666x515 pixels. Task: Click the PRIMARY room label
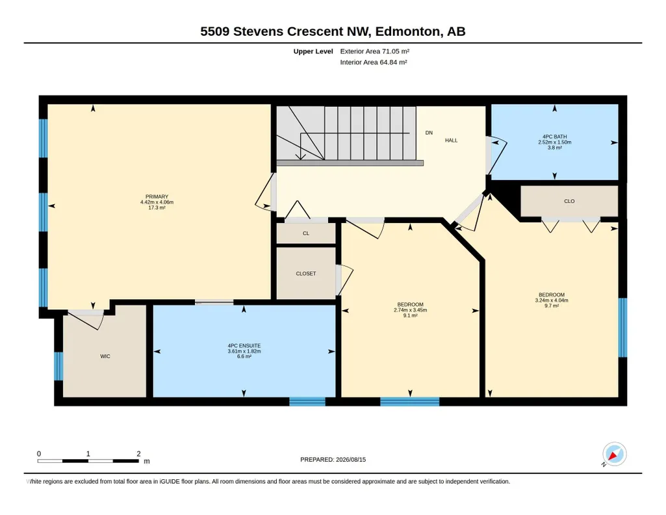pyautogui.click(x=157, y=197)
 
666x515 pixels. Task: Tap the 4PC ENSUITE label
pyautogui.click(x=244, y=346)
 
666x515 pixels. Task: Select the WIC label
pyautogui.click(x=105, y=356)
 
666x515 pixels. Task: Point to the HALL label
pyautogui.click(x=451, y=140)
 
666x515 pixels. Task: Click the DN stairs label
pyautogui.click(x=429, y=133)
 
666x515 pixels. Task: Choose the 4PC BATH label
pyautogui.click(x=555, y=137)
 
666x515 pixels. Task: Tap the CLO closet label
pyautogui.click(x=569, y=201)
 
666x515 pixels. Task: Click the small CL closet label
pyautogui.click(x=306, y=233)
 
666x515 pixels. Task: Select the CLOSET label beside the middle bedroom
pyautogui.click(x=306, y=274)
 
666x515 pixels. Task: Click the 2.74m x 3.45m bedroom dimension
pyautogui.click(x=410, y=310)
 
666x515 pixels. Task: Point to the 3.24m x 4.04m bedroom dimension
pyautogui.click(x=552, y=300)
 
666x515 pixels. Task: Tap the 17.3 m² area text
pyautogui.click(x=157, y=208)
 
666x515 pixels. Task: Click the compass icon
pyautogui.click(x=614, y=455)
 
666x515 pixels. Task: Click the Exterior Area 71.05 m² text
pyautogui.click(x=375, y=51)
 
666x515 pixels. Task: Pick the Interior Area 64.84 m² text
pyautogui.click(x=374, y=62)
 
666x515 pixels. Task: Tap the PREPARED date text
pyautogui.click(x=333, y=459)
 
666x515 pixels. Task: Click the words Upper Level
pyautogui.click(x=313, y=51)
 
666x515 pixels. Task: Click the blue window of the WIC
pyautogui.click(x=58, y=366)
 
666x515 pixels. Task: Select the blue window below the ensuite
pyautogui.click(x=307, y=402)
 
